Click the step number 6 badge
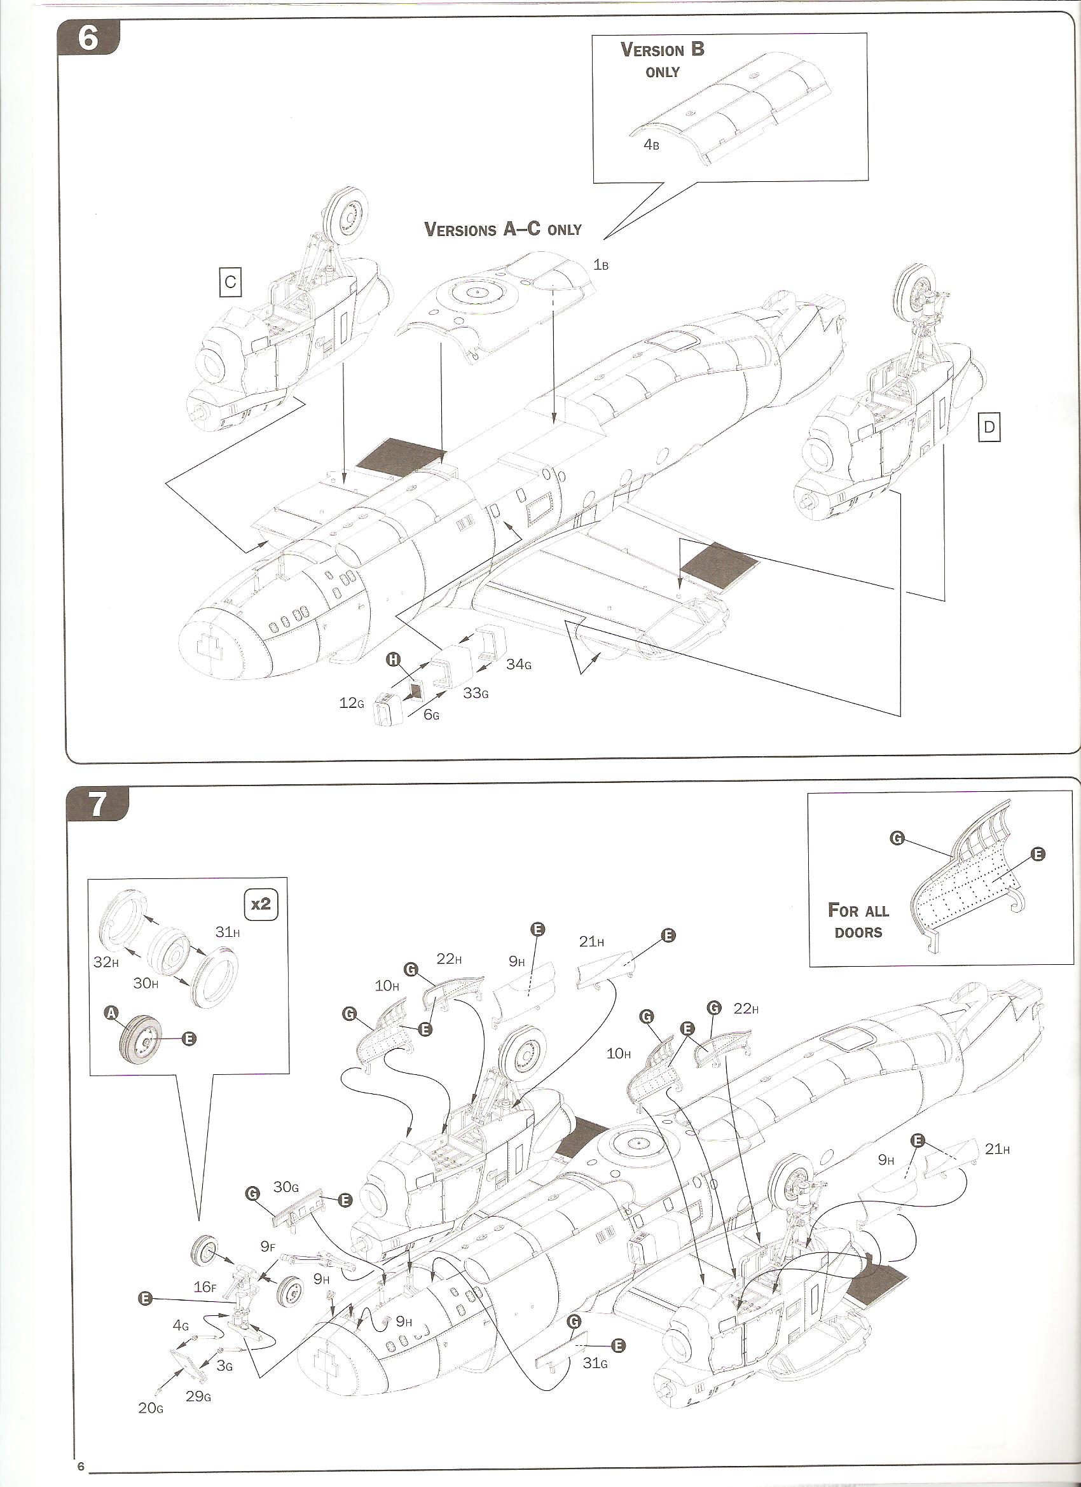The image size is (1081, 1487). click(x=88, y=39)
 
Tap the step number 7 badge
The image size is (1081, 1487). click(x=97, y=805)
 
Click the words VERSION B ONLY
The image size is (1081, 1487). click(x=662, y=60)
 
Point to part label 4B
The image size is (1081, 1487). click(x=651, y=145)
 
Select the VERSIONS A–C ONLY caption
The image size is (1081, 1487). click(x=503, y=230)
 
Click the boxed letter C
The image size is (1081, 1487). click(x=230, y=282)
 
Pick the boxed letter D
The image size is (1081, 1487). click(x=989, y=427)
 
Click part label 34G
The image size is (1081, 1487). click(x=518, y=664)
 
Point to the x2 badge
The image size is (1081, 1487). click(x=261, y=904)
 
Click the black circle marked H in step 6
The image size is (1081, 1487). click(x=394, y=660)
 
